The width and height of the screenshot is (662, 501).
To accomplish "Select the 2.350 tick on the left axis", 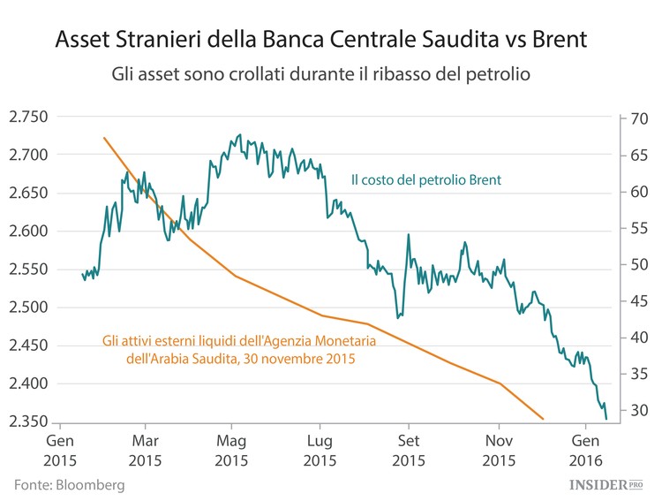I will click(x=28, y=421).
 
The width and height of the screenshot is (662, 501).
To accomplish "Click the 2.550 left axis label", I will click(x=28, y=269).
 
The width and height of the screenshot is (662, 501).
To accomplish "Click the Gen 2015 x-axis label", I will click(x=60, y=448).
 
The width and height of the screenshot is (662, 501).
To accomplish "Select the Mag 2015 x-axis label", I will click(x=231, y=448).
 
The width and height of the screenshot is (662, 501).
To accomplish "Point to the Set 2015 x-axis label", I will click(x=409, y=448).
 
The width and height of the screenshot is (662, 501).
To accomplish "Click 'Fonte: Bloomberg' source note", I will click(x=69, y=485).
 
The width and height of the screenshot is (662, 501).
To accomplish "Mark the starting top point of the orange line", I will click(x=104, y=138).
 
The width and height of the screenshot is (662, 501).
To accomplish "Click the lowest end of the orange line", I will click(x=543, y=419).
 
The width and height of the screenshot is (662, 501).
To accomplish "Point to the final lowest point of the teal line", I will click(x=606, y=419).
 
